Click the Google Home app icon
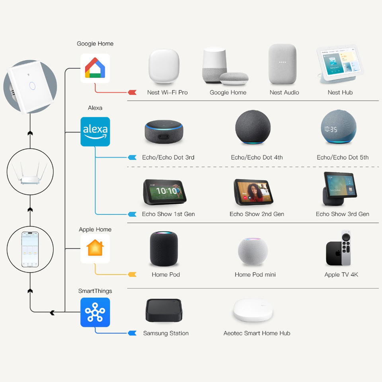(x=95, y=68)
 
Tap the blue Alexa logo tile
(x=95, y=132)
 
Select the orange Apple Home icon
(x=95, y=248)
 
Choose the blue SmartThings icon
(x=95, y=312)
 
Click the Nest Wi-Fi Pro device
(x=164, y=66)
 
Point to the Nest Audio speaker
(x=283, y=64)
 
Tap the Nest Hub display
(x=340, y=64)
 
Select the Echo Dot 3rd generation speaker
(x=164, y=132)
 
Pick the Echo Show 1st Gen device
(x=164, y=192)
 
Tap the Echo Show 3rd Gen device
(x=340, y=189)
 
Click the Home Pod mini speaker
(x=253, y=251)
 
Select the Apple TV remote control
(x=346, y=248)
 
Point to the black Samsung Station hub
(x=164, y=310)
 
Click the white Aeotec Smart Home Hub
(x=253, y=310)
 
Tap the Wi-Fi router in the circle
(x=30, y=173)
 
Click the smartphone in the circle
(x=30, y=249)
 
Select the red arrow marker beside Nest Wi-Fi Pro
(x=132, y=92)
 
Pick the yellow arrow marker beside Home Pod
(x=132, y=275)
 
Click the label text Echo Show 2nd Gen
(x=257, y=214)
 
